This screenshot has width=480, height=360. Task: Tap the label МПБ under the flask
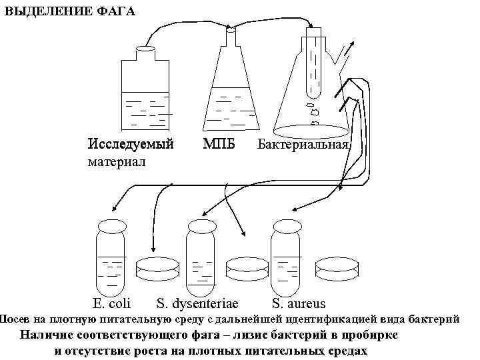[x=219, y=144]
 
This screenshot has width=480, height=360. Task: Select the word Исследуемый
[x=131, y=144]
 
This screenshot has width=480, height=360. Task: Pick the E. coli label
[x=112, y=305]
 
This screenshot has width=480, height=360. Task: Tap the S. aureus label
[x=299, y=305]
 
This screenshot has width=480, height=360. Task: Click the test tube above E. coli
[x=111, y=257]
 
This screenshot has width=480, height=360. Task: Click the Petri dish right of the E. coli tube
[x=157, y=269]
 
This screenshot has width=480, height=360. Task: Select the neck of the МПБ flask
[x=232, y=40]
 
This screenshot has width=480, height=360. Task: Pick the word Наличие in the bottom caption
[x=47, y=336]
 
